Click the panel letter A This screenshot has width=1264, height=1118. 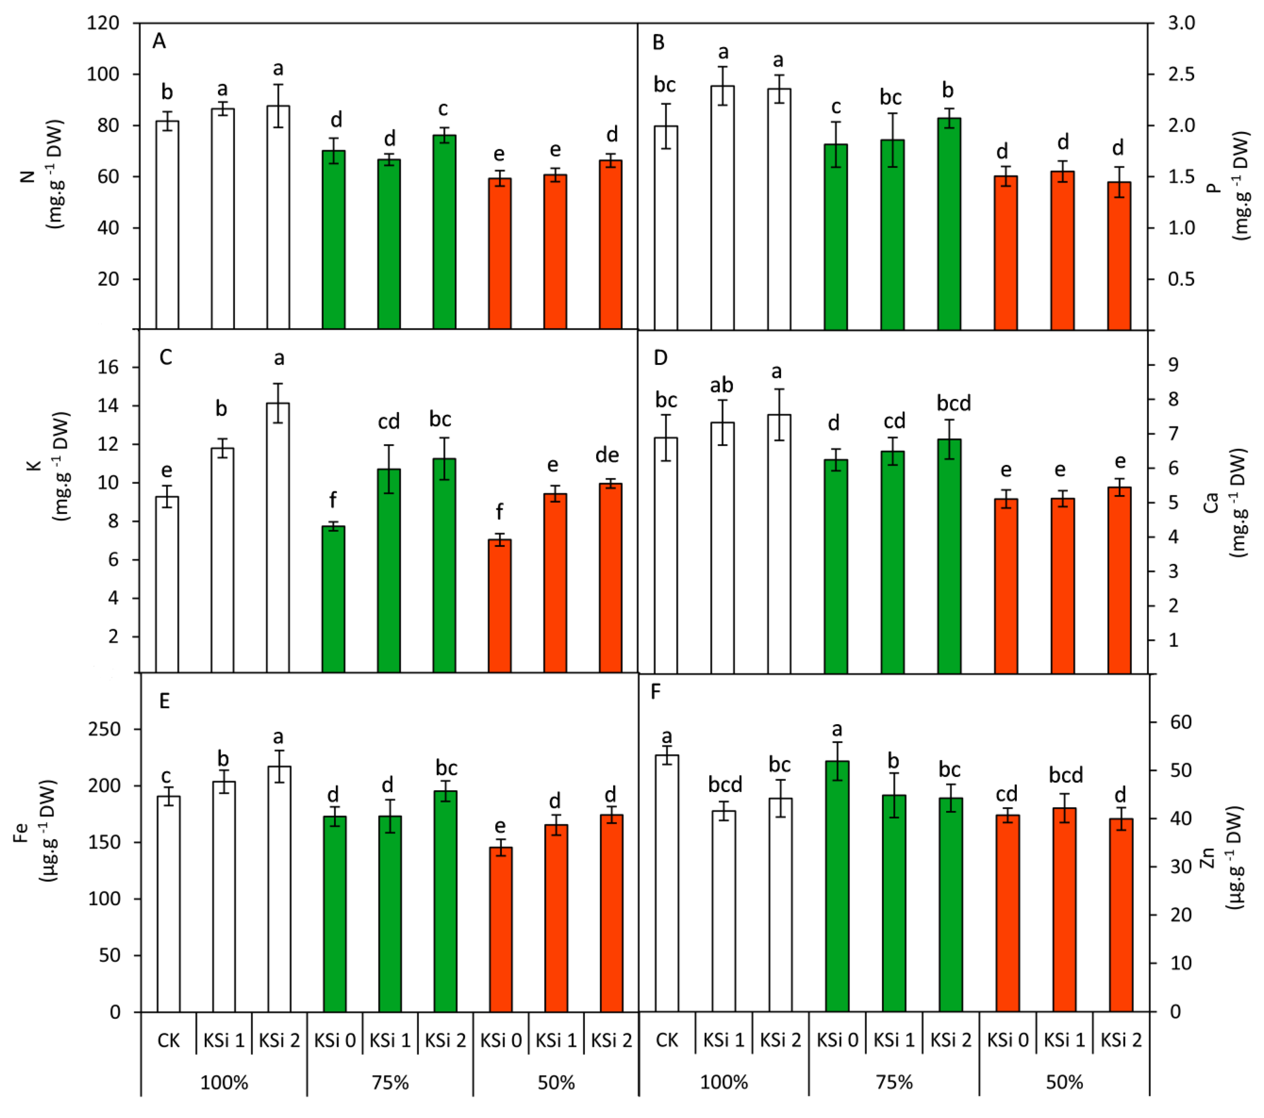(x=159, y=41)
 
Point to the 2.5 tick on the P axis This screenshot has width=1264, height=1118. (x=1181, y=74)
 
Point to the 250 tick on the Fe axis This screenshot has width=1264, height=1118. (x=105, y=729)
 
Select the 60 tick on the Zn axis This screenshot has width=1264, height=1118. (x=1180, y=722)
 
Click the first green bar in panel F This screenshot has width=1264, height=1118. (x=837, y=886)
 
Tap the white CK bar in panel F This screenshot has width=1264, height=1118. (x=667, y=882)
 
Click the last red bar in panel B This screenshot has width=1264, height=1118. (x=1119, y=255)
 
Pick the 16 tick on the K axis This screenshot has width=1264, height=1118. (x=108, y=367)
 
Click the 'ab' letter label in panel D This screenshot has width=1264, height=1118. (x=721, y=386)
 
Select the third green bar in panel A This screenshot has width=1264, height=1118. (x=444, y=232)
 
